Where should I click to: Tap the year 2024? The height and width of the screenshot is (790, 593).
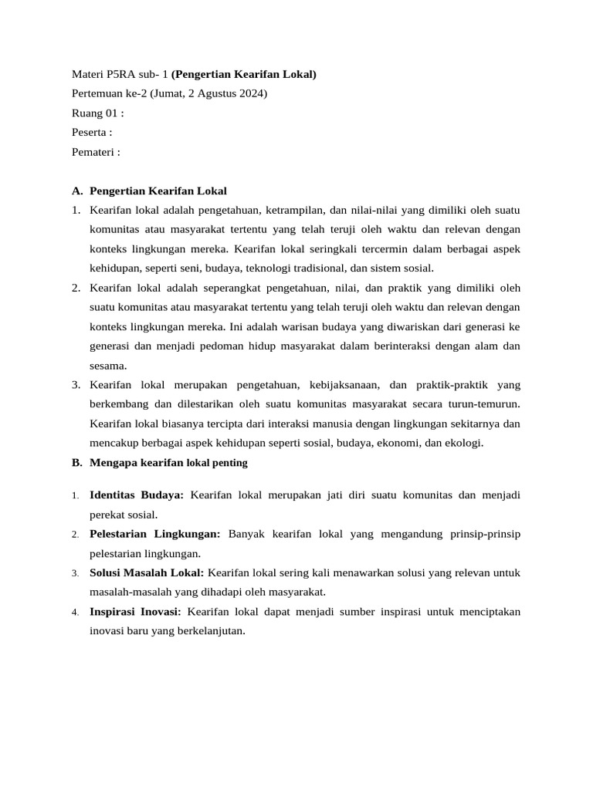pyautogui.click(x=251, y=93)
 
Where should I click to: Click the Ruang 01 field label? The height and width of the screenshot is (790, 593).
pyautogui.click(x=97, y=113)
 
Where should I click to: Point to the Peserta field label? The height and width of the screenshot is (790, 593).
pyautogui.click(x=91, y=132)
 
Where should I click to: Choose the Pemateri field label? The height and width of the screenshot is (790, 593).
pyautogui.click(x=95, y=151)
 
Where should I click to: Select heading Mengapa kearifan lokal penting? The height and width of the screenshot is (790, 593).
pyautogui.click(x=168, y=463)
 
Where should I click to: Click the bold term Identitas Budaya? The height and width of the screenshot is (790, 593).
pyautogui.click(x=137, y=495)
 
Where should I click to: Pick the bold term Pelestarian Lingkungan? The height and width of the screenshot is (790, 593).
pyautogui.click(x=155, y=533)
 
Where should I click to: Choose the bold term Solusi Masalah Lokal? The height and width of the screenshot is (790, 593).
pyautogui.click(x=147, y=572)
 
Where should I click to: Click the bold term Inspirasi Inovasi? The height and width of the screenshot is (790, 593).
pyautogui.click(x=135, y=611)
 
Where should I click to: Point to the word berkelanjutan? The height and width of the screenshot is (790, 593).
pyautogui.click(x=205, y=630)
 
